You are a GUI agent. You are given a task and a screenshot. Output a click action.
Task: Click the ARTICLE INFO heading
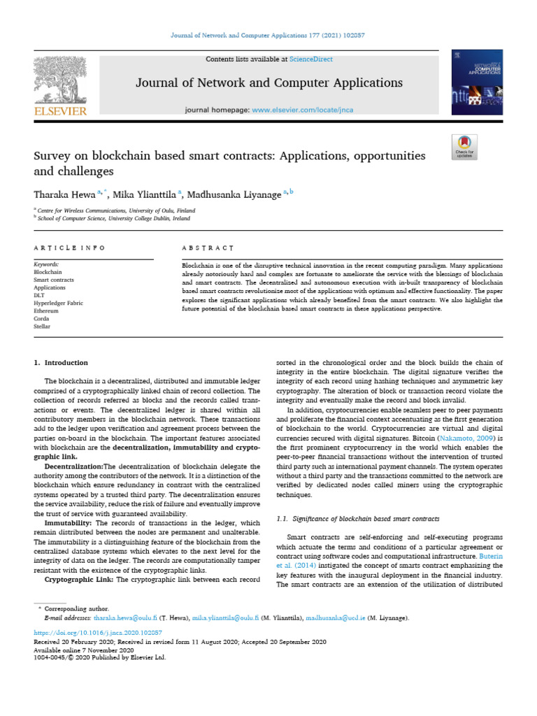point(69,248)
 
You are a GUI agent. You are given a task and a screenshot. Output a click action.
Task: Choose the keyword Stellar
point(43,326)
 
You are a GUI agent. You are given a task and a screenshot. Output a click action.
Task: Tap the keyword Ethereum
point(46,310)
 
